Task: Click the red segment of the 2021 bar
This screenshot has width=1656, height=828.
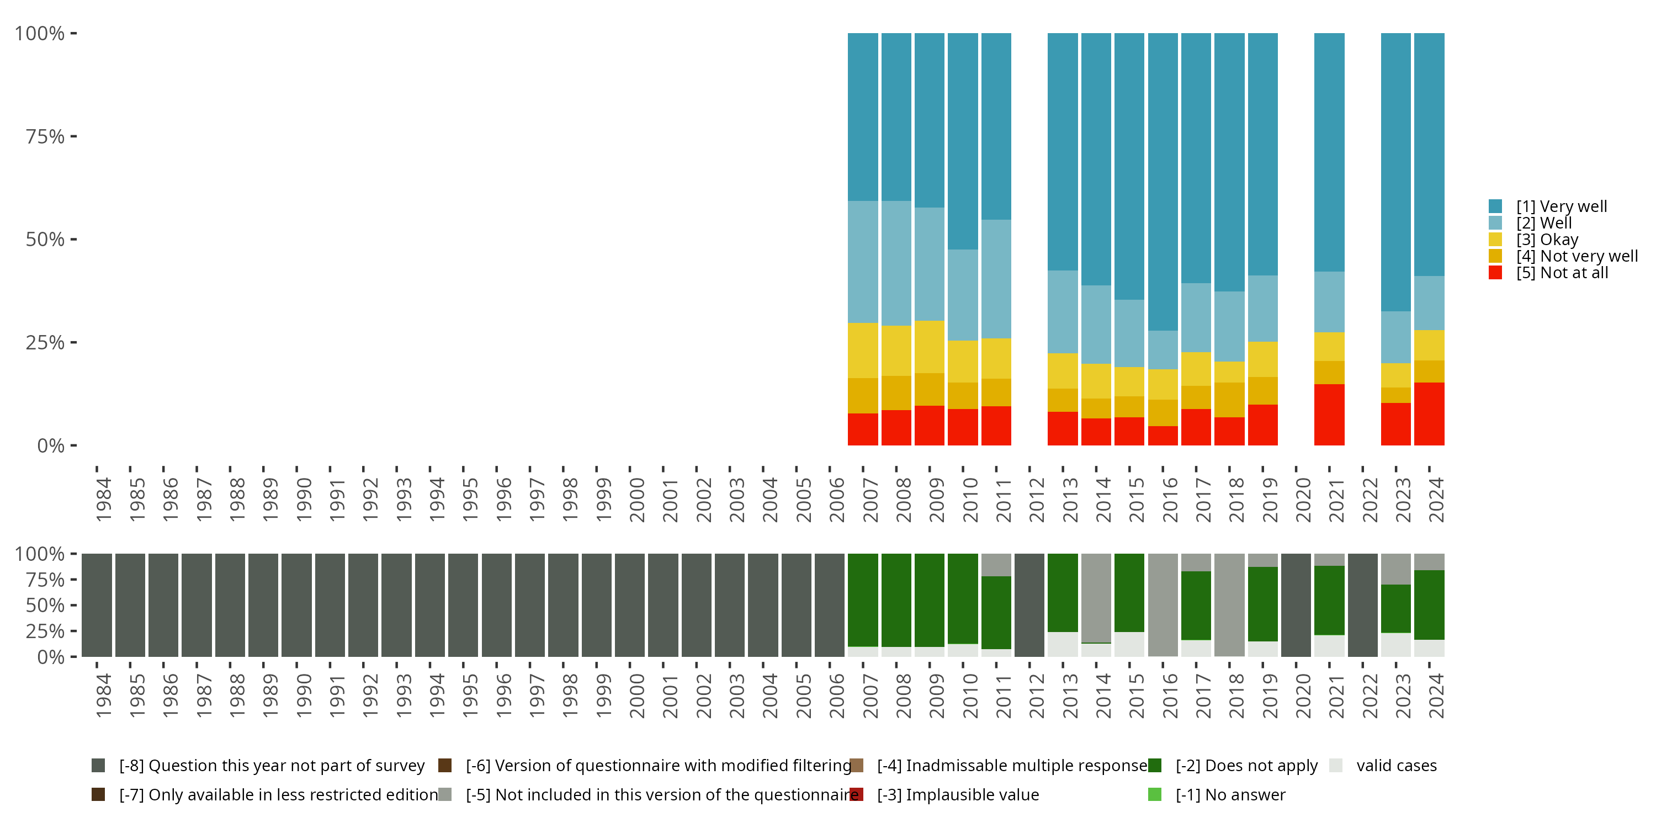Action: click(1329, 414)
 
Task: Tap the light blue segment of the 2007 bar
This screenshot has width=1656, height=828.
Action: click(863, 262)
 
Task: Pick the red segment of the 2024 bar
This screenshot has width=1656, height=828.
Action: click(1429, 413)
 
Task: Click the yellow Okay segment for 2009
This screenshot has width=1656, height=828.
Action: click(929, 347)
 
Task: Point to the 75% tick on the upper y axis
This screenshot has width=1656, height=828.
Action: click(73, 136)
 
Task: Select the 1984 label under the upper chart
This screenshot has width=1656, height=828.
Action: click(104, 500)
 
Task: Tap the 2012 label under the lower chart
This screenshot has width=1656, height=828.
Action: click(1036, 696)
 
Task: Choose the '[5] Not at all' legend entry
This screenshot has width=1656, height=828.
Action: click(1562, 273)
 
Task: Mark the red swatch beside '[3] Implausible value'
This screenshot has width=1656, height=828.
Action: click(856, 794)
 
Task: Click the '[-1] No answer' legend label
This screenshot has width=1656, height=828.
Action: click(1230, 794)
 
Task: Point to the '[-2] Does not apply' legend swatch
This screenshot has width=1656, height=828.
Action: click(1155, 766)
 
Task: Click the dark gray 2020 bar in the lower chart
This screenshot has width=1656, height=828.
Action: click(1296, 605)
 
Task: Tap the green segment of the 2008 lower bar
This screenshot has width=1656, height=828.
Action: click(896, 600)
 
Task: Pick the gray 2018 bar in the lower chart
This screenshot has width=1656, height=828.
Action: click(1229, 605)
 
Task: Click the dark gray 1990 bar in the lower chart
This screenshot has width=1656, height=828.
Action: click(296, 605)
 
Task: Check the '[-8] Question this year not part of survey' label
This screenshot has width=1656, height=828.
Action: click(271, 766)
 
